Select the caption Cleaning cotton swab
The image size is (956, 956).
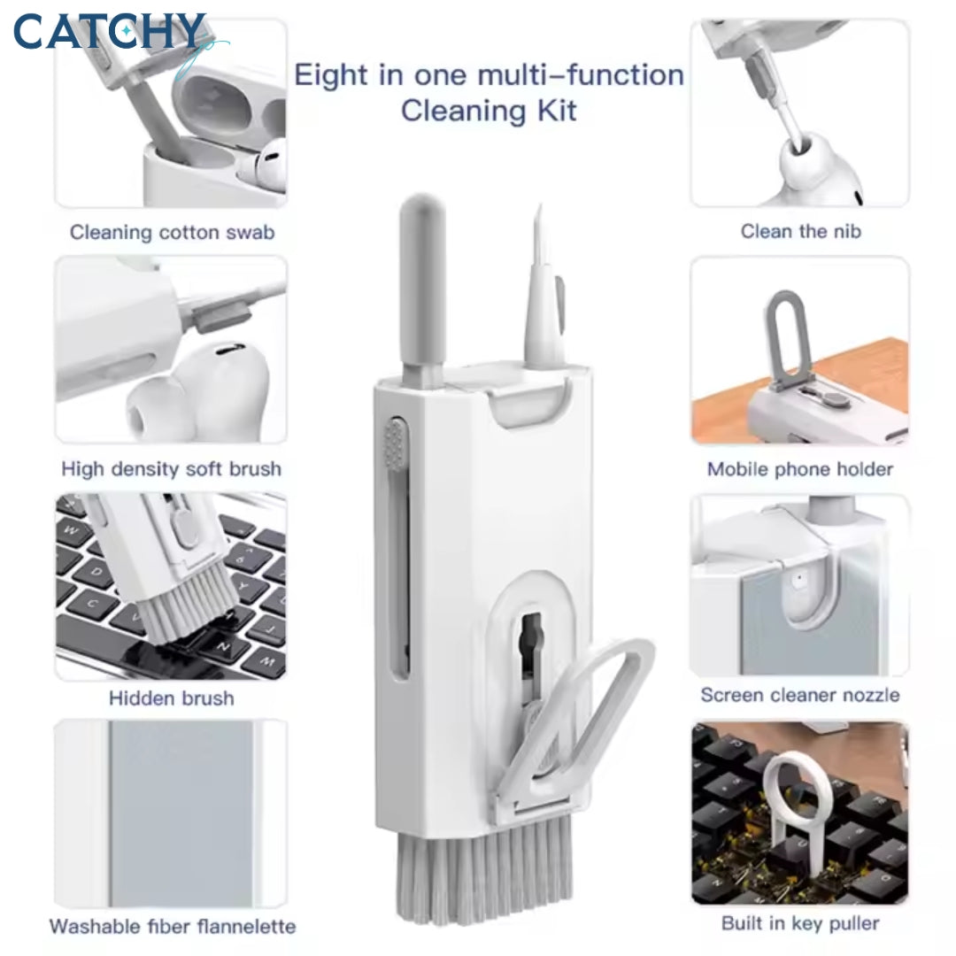pyautogui.click(x=172, y=232)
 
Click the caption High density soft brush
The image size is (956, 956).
pyautogui.click(x=172, y=469)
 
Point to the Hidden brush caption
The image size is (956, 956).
pyautogui.click(x=172, y=698)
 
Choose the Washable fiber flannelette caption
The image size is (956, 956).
pyautogui.click(x=173, y=927)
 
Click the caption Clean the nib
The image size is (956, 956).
pyautogui.click(x=800, y=231)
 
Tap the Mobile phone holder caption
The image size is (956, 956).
pyautogui.click(x=800, y=469)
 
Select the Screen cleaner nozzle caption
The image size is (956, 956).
pyautogui.click(x=800, y=695)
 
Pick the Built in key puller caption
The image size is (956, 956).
pyautogui.click(x=800, y=923)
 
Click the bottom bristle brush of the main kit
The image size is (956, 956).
pyautogui.click(x=485, y=872)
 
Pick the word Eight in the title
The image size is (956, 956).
pyautogui.click(x=331, y=75)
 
